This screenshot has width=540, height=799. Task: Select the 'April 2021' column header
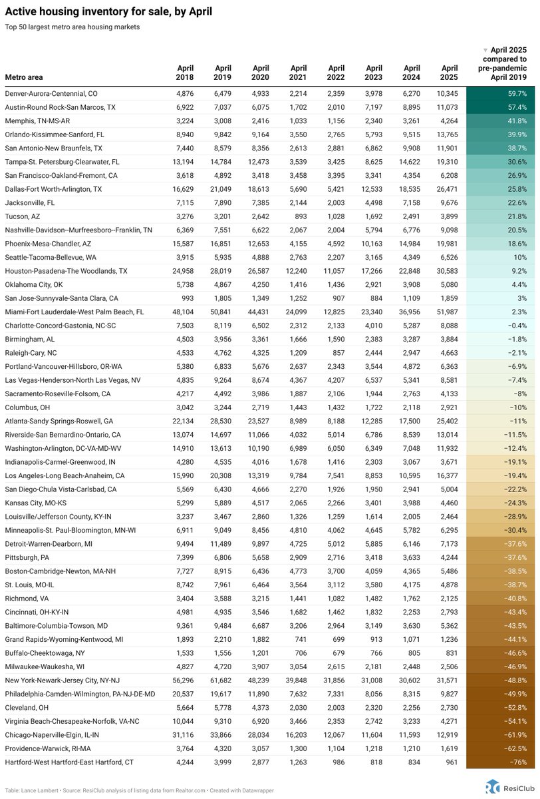coord(299,73)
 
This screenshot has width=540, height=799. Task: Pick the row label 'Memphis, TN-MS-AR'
coord(37,121)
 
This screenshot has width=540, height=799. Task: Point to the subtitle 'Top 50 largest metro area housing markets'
coord(72,27)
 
